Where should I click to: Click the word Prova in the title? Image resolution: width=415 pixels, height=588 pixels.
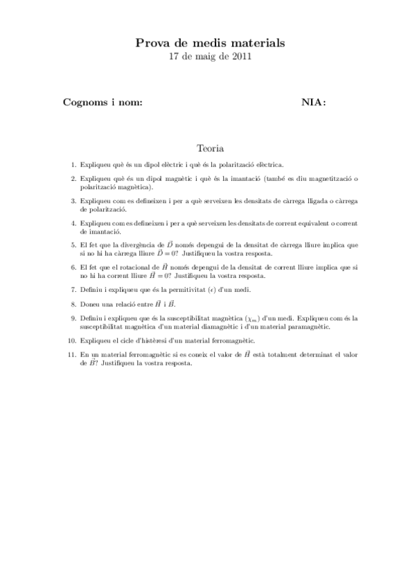pyautogui.click(x=151, y=44)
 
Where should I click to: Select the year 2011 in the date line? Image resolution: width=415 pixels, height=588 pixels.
pyautogui.click(x=240, y=57)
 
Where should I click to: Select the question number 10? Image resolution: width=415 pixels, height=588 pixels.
pyautogui.click(x=72, y=340)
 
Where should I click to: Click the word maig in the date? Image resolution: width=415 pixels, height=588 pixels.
pyautogui.click(x=207, y=57)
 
